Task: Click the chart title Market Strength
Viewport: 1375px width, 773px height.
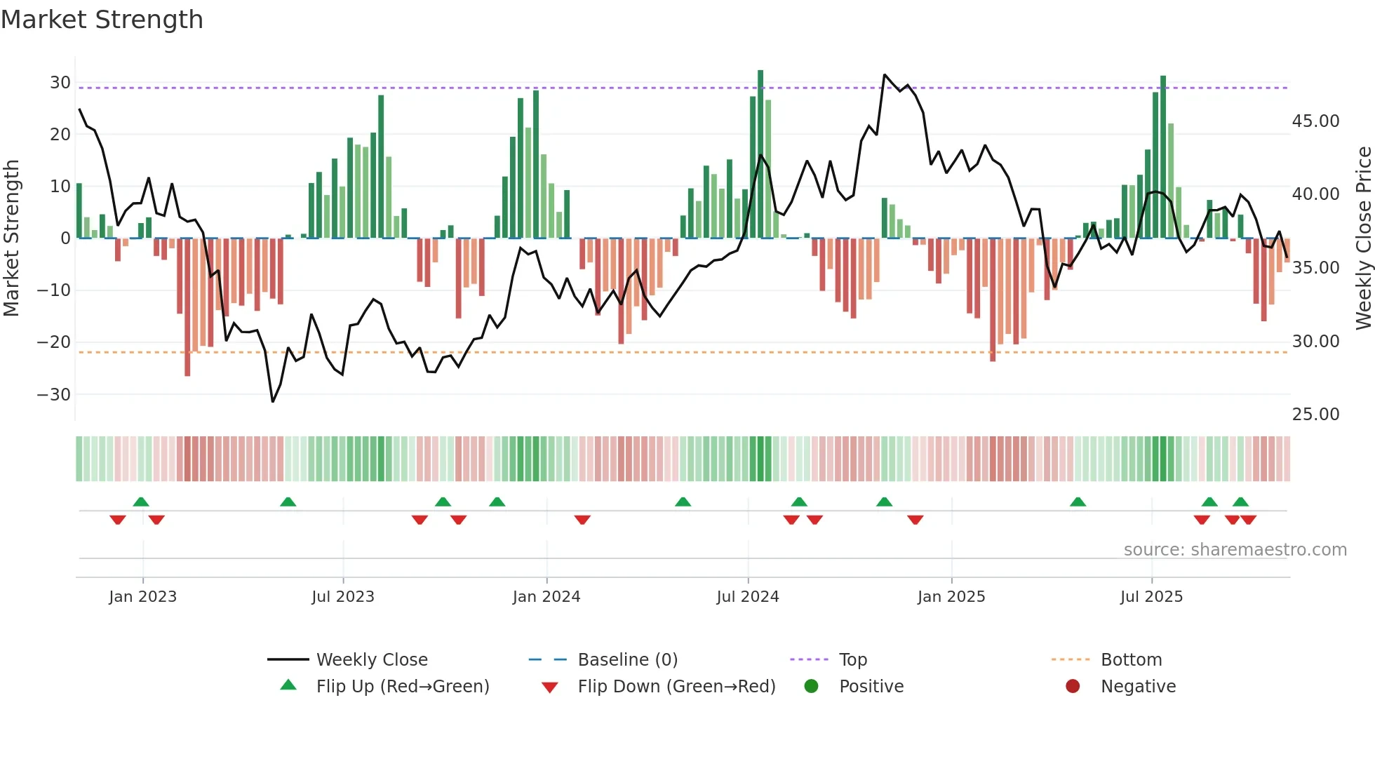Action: point(102,20)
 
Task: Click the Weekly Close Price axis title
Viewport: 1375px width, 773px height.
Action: point(1363,238)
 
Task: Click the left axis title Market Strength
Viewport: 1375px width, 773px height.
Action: point(11,238)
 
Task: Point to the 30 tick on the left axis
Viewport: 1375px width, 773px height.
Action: point(60,83)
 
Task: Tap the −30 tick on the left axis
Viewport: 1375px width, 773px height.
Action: point(55,394)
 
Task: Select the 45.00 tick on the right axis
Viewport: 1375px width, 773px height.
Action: point(1315,121)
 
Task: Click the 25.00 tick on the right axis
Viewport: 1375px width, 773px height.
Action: point(1315,415)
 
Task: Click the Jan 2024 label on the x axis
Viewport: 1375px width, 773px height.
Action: point(546,597)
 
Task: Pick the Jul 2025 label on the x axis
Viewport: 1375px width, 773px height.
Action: point(1151,597)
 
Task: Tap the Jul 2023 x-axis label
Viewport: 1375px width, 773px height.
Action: point(343,597)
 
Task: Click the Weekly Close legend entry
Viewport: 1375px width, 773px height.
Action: point(371,660)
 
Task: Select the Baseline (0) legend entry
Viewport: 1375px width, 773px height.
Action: point(627,660)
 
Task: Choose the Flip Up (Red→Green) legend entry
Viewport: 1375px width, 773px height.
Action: point(402,687)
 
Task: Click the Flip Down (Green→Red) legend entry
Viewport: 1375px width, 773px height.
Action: point(676,687)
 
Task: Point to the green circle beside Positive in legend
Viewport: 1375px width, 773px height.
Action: point(811,686)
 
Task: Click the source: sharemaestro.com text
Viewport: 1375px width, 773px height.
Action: point(1235,550)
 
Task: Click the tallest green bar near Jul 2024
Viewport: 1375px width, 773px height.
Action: point(760,154)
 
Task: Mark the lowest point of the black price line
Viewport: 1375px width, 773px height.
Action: point(273,401)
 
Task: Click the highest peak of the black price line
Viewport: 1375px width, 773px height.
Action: point(885,75)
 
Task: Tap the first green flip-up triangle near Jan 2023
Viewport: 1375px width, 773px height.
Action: point(141,502)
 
